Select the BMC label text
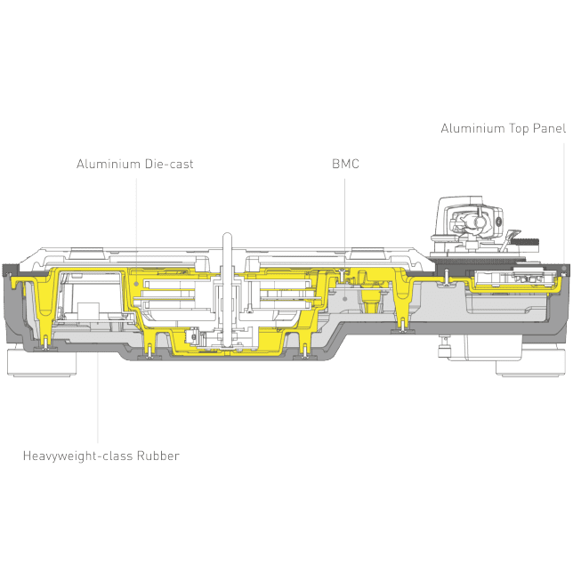[x=345, y=165]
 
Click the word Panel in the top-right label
[x=548, y=129]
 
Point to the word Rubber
[x=158, y=456]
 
